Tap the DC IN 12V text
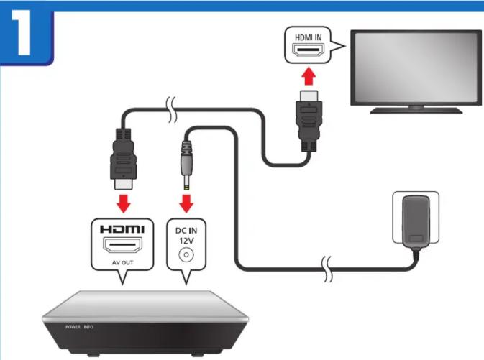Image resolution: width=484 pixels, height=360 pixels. (187, 234)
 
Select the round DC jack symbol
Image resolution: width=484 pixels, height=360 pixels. (187, 254)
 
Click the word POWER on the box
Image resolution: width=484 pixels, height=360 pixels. (73, 326)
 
